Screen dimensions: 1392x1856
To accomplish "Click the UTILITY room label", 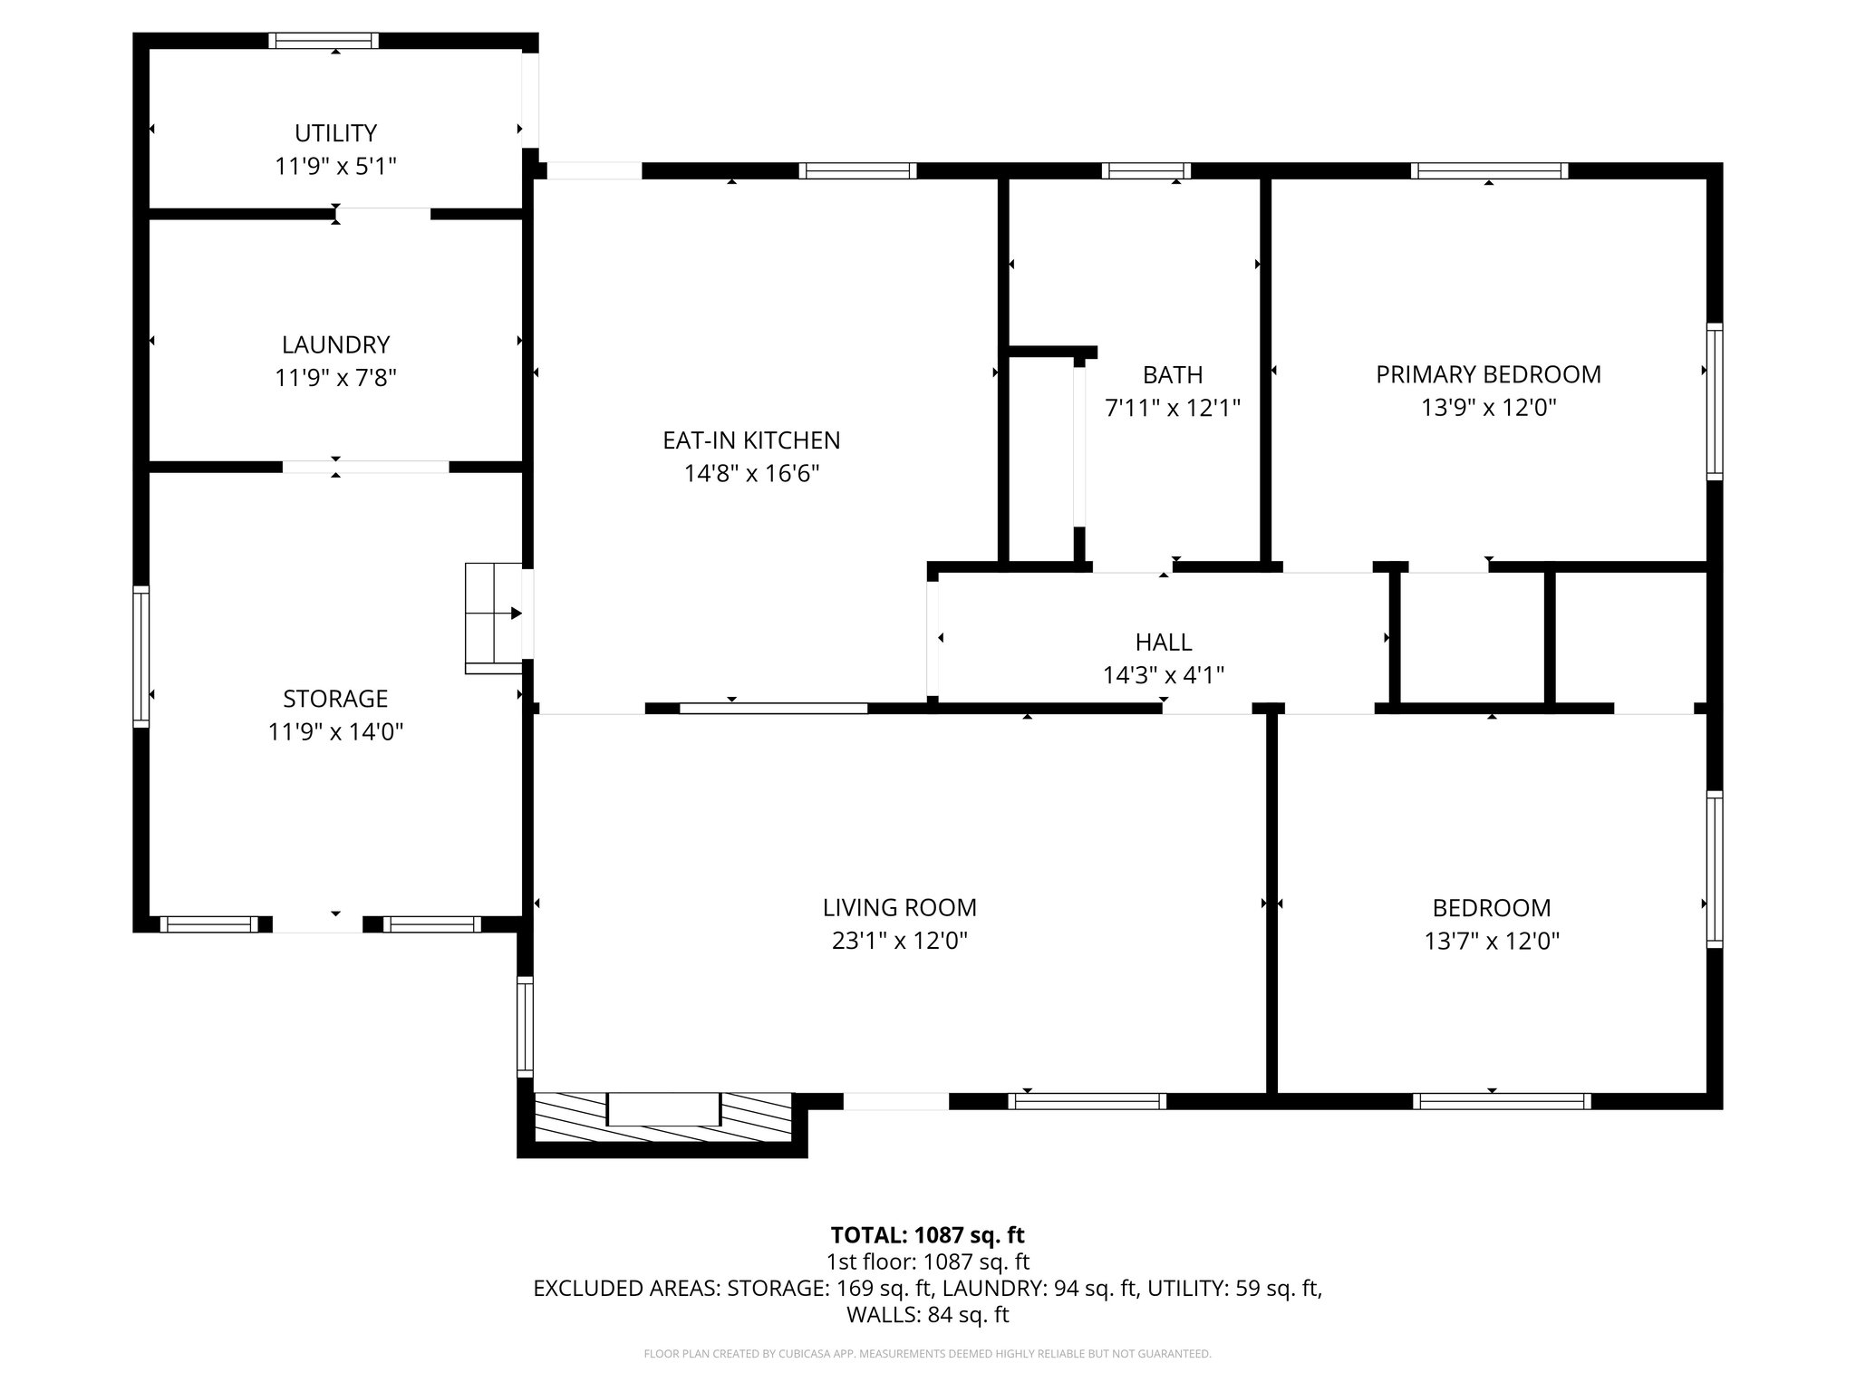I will click(335, 133).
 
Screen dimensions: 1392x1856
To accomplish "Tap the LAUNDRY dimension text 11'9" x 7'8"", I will click(335, 378).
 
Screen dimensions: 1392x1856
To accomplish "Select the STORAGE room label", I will click(335, 699).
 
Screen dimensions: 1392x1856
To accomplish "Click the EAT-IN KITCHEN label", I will click(751, 440).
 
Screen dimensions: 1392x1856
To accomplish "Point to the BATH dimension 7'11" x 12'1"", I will click(1172, 408).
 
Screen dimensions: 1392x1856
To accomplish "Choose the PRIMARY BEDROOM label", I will click(1488, 374).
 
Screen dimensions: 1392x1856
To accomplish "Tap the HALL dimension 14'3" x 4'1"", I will click(1163, 675).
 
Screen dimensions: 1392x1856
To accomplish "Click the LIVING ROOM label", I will click(899, 907).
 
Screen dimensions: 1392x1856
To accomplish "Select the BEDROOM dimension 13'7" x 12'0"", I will click(1492, 941).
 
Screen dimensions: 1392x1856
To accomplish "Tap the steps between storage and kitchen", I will click(493, 617).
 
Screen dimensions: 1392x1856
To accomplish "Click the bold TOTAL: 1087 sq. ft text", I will click(927, 1234).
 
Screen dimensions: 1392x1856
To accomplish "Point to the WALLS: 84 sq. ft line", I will click(927, 1314).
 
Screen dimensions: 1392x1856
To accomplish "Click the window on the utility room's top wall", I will click(324, 41).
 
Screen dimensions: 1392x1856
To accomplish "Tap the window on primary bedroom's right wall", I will click(1715, 401).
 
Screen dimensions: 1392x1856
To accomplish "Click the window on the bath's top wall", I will click(1145, 170).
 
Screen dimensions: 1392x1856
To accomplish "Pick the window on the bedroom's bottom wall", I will click(1501, 1101).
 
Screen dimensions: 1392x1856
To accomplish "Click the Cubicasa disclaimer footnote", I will click(927, 1354).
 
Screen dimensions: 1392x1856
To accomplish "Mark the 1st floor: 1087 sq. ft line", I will click(927, 1261).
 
